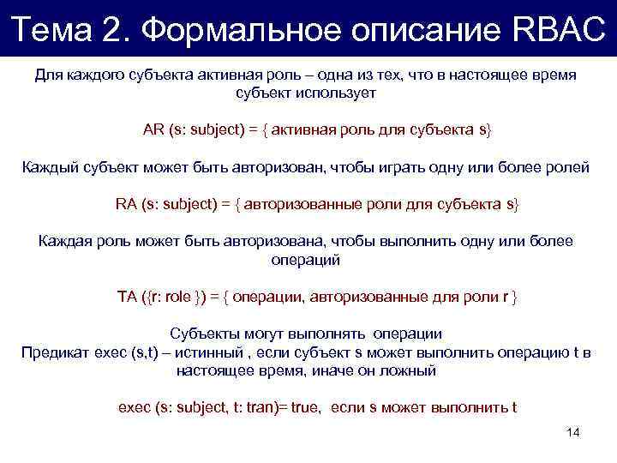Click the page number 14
[573, 432]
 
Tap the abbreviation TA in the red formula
[127, 297]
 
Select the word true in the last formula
[304, 407]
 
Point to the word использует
[340, 93]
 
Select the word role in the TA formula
[177, 297]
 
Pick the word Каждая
[65, 241]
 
